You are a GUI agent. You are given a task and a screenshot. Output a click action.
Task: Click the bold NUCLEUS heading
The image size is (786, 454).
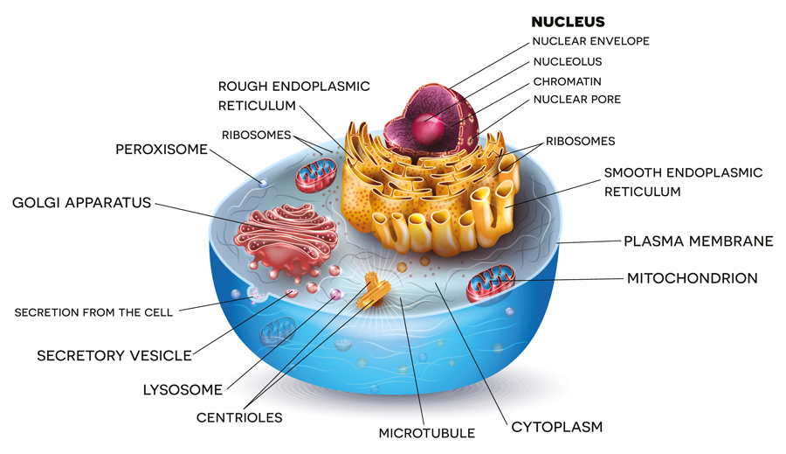(x=568, y=22)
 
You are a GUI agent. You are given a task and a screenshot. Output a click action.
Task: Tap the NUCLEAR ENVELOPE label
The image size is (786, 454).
(x=590, y=41)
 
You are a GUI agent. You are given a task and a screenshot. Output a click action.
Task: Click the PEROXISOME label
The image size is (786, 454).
(x=162, y=150)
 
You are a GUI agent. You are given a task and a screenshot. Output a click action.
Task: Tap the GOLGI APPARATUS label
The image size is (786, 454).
(x=81, y=203)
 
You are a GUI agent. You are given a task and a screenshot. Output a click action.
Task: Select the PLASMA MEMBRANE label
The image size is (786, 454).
(x=698, y=241)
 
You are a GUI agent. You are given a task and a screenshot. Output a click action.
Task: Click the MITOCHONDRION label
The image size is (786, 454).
(x=692, y=279)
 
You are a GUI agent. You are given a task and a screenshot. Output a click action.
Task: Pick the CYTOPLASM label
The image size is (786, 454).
(x=556, y=427)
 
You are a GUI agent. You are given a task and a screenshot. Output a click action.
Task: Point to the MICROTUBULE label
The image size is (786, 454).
(x=426, y=433)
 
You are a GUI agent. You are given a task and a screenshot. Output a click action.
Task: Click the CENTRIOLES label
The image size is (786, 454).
(x=239, y=417)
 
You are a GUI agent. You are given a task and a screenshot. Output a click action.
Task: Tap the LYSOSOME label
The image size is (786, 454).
(x=183, y=389)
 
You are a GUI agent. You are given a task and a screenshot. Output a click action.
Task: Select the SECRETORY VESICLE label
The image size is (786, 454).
(x=114, y=356)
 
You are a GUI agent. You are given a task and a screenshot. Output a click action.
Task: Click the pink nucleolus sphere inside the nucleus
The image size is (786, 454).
(x=428, y=127)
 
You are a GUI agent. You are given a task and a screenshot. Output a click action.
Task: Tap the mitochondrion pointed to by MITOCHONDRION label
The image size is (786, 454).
(x=490, y=285)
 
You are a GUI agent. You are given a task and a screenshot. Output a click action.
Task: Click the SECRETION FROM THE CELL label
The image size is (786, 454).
(x=93, y=312)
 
